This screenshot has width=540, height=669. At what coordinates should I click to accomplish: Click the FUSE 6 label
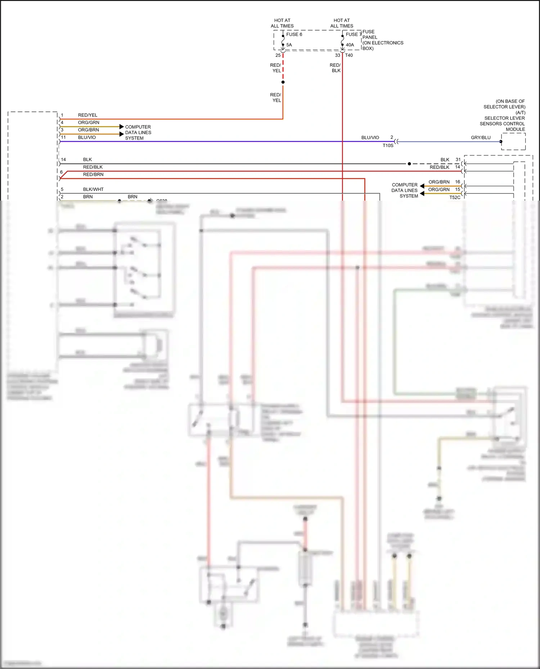click(x=294, y=35)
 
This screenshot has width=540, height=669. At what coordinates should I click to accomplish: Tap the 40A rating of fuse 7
click(x=350, y=45)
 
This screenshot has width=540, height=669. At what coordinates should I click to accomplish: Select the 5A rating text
click(x=289, y=45)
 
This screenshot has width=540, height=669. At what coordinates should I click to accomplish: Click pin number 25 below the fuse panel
click(x=278, y=55)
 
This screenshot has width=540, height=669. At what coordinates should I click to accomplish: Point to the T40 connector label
click(x=349, y=55)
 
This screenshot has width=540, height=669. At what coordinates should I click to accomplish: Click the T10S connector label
click(x=388, y=146)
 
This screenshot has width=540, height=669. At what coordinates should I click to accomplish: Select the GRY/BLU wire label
click(x=481, y=138)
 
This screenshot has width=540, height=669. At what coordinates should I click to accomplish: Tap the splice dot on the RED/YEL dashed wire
click(x=283, y=82)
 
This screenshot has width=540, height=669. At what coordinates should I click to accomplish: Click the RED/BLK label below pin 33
click(x=335, y=68)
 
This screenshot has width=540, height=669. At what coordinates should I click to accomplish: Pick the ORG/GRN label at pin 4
click(x=89, y=123)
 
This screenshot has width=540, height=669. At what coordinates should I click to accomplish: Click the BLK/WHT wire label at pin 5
click(x=93, y=189)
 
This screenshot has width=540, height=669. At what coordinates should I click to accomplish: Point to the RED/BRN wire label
click(x=93, y=175)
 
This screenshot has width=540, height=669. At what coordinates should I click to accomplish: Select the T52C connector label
click(x=455, y=197)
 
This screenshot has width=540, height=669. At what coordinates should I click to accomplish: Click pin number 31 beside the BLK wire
click(x=458, y=160)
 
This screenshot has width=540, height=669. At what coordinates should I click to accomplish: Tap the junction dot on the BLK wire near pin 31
click(x=409, y=164)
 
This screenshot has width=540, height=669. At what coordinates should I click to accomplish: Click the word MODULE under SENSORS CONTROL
click(x=515, y=129)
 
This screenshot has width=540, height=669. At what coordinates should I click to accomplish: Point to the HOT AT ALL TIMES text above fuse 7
click(x=342, y=23)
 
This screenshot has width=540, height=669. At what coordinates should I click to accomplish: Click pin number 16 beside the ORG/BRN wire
click(x=458, y=182)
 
